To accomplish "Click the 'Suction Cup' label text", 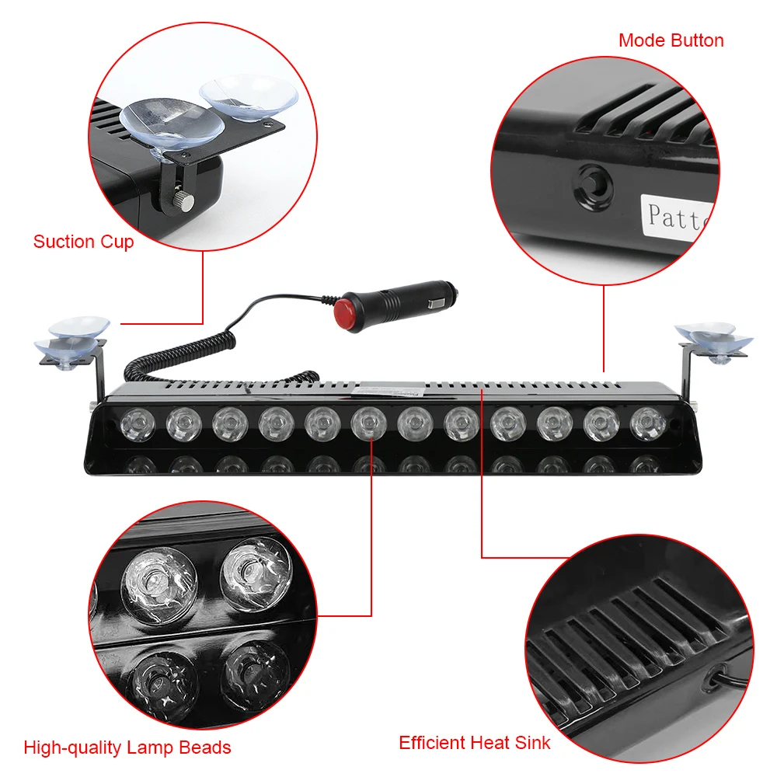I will pyautogui.click(x=83, y=242).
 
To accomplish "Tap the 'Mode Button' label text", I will pyautogui.click(x=671, y=40).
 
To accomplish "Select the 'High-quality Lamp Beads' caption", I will pyautogui.click(x=127, y=747).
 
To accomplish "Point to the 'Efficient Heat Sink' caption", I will pyautogui.click(x=474, y=742).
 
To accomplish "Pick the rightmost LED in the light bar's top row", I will pyautogui.click(x=646, y=423).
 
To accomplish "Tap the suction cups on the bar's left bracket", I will pyautogui.click(x=71, y=334).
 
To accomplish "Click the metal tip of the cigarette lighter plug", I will pyautogui.click(x=451, y=294).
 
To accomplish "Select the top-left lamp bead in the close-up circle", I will pyautogui.click(x=160, y=584).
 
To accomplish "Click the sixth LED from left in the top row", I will pyautogui.click(x=368, y=424).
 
